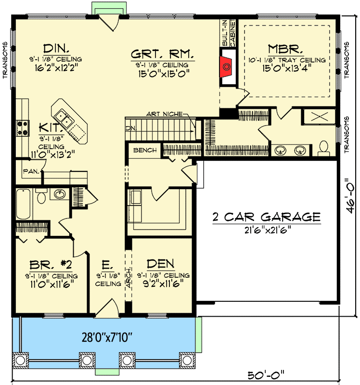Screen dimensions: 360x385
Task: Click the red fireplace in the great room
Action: pyautogui.click(x=227, y=66)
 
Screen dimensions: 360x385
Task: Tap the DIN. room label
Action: pyautogui.click(x=56, y=49)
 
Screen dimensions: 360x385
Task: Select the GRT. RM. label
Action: pyautogui.click(x=162, y=54)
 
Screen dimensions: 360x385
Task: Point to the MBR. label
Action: pyautogui.click(x=285, y=49)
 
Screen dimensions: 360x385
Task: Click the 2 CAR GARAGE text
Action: pyautogui.click(x=267, y=217)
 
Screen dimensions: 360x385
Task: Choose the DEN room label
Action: pyautogui.click(x=161, y=264)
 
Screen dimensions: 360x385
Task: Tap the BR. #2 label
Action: pyautogui.click(x=51, y=265)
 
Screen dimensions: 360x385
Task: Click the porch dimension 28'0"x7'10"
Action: pyautogui.click(x=107, y=337)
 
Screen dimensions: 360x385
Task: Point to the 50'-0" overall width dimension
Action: pyautogui.click(x=266, y=375)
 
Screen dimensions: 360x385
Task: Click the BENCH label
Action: pyautogui.click(x=145, y=150)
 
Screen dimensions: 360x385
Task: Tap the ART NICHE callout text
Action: pyautogui.click(x=164, y=114)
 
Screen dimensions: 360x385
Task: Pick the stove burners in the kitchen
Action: pyautogui.click(x=22, y=128)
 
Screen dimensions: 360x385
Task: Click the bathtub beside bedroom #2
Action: pyautogui.click(x=24, y=204)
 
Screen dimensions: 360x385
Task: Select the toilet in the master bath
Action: pyautogui.click(x=323, y=148)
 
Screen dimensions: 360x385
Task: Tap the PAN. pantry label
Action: pyautogui.click(x=31, y=171)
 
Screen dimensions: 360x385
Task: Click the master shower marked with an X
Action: pyautogui.click(x=319, y=116)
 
